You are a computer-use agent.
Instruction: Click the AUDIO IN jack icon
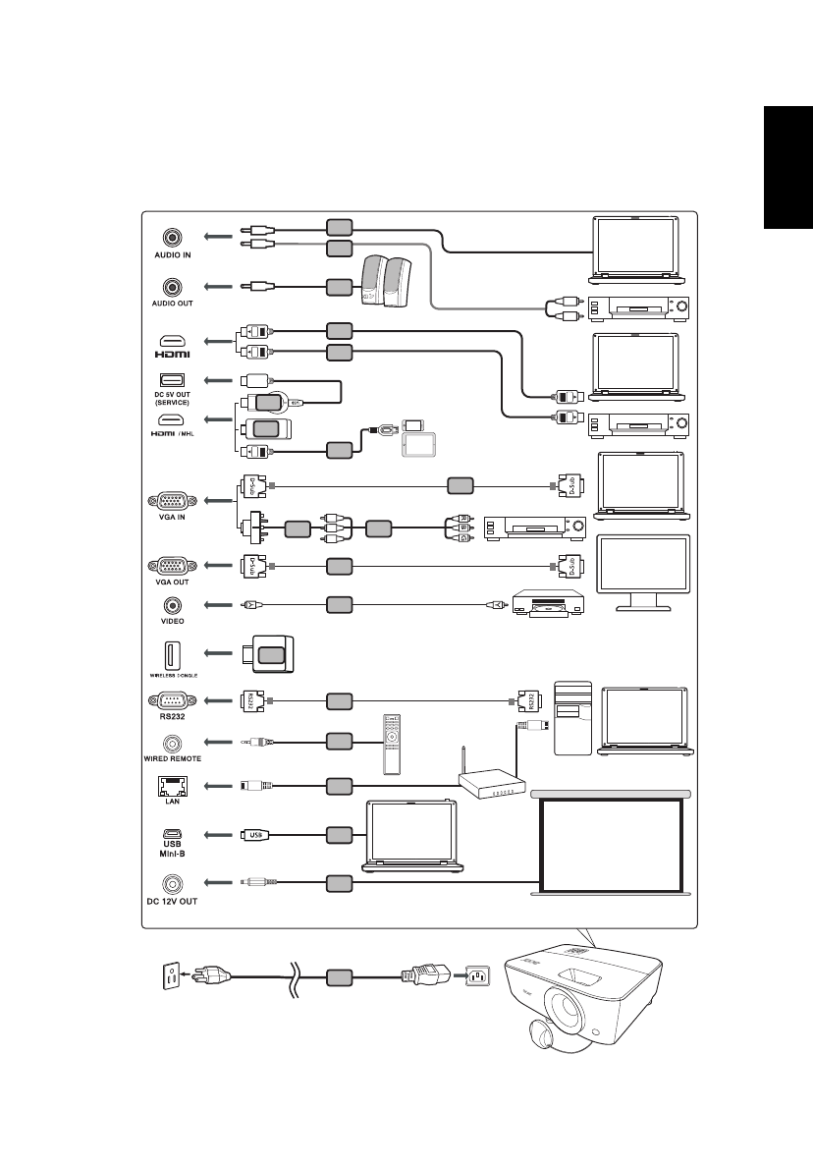click(173, 237)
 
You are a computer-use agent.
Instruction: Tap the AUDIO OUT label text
click(173, 306)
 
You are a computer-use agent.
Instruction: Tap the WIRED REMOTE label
click(173, 759)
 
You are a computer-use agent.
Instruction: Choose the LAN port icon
click(173, 786)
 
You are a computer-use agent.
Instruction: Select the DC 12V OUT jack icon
click(173, 884)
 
